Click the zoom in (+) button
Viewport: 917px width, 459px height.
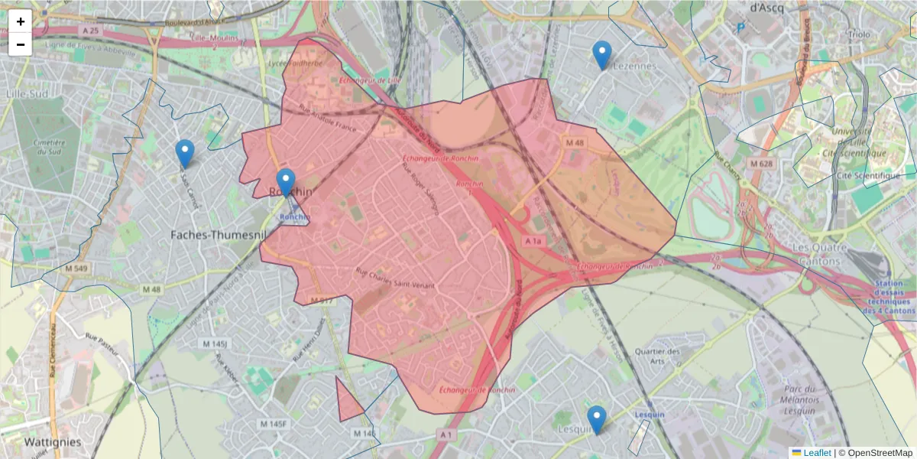click(21, 21)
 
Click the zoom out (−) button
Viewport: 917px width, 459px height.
click(21, 44)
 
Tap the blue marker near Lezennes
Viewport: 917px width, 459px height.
click(602, 54)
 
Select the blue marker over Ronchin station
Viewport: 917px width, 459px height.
click(286, 183)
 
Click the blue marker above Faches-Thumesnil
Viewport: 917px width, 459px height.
click(184, 153)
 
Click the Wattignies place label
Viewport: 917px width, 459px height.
click(53, 442)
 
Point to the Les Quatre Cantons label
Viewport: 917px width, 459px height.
click(822, 254)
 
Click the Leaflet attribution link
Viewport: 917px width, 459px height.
click(816, 453)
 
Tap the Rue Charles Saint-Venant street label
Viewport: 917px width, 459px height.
click(396, 278)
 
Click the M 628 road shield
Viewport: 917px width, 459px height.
click(761, 164)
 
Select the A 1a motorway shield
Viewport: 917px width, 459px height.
click(533, 242)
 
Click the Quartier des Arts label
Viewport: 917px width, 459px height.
click(657, 356)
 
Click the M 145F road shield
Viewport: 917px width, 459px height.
click(273, 424)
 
